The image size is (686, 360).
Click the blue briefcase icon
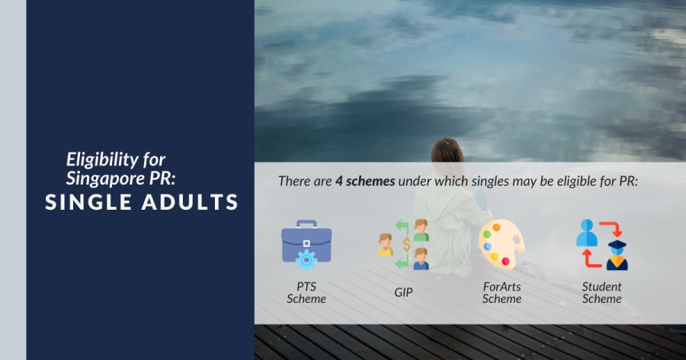click(306, 244)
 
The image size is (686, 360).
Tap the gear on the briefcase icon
click(306, 260)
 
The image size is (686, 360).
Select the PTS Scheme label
click(306, 293)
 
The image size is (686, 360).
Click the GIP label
click(403, 293)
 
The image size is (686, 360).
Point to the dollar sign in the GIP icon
click(407, 245)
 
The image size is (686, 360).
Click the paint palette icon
click(502, 244)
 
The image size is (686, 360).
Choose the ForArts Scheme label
click(502, 293)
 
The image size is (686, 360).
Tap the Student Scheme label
click(601, 293)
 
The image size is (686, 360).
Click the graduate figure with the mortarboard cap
click(617, 255)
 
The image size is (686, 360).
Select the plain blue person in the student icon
click(587, 233)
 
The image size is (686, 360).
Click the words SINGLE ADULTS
click(142, 202)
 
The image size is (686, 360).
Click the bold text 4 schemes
click(365, 182)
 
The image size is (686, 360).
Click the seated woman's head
click(447, 152)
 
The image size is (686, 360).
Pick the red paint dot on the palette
click(506, 262)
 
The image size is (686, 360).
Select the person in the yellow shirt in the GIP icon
click(386, 244)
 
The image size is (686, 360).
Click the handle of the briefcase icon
click(306, 224)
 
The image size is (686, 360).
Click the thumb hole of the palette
click(518, 241)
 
